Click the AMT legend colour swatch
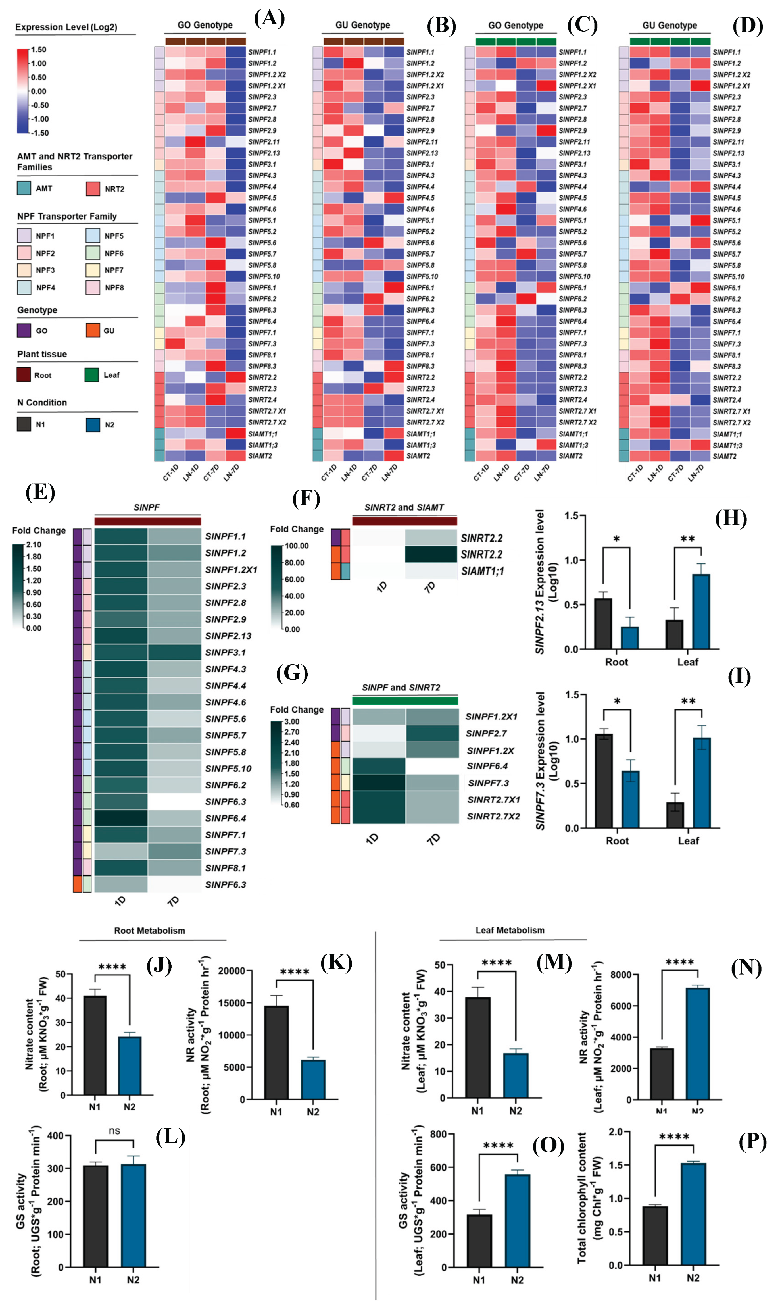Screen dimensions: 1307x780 pos(24,188)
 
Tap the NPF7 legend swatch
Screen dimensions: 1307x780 pos(93,270)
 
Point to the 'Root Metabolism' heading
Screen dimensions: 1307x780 pos(149,931)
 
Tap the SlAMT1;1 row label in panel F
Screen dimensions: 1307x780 pos(482,571)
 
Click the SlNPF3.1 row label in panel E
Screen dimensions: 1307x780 pos(225,652)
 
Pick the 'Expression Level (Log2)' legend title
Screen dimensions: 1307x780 pos(66,27)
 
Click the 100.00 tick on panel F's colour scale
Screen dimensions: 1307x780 pos(297,546)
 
